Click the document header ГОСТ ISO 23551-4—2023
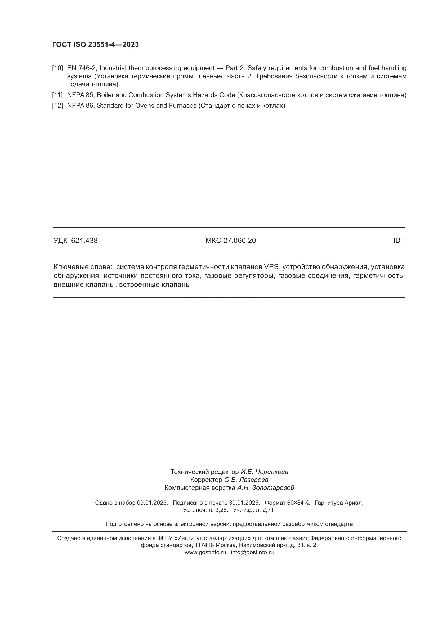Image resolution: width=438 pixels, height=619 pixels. click(x=96, y=44)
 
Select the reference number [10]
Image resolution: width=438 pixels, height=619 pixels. click(x=57, y=68)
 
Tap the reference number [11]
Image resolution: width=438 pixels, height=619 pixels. click(x=57, y=95)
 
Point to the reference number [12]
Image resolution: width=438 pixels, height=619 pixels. click(x=57, y=106)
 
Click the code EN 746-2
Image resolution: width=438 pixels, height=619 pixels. click(x=82, y=68)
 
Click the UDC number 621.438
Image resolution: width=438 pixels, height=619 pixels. click(x=84, y=241)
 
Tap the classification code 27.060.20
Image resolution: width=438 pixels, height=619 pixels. click(x=239, y=241)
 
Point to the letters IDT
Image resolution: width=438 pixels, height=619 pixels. click(x=399, y=241)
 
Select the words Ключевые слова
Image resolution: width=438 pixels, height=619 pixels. click(x=83, y=267)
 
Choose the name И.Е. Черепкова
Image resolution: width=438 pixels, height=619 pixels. click(x=264, y=472)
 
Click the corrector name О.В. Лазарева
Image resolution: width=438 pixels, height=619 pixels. click(x=246, y=480)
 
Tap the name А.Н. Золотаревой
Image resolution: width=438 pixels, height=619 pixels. click(x=265, y=488)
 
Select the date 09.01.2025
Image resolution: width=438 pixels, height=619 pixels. click(x=152, y=503)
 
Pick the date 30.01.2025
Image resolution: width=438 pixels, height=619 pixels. click(x=244, y=503)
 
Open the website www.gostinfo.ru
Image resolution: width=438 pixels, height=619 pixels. click(x=205, y=552)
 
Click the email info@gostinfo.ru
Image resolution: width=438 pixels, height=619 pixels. click(x=252, y=552)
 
